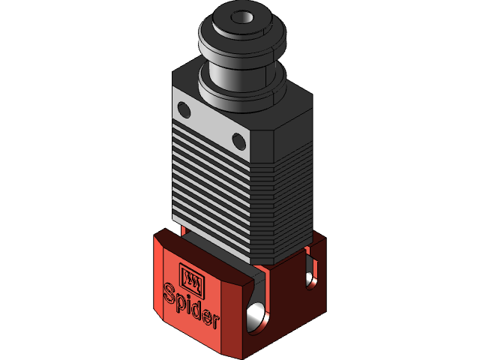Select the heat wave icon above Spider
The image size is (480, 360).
(x=192, y=277)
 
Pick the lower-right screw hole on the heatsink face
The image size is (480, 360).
(x=238, y=139)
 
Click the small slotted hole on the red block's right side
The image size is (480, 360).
(x=310, y=279)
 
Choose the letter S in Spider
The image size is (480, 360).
(x=169, y=290)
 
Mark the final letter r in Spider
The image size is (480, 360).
(x=215, y=322)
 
